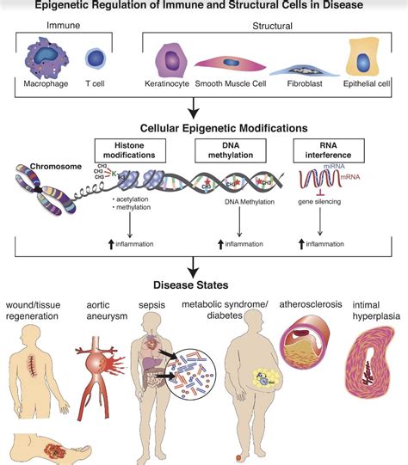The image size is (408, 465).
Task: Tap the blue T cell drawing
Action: coord(95,59)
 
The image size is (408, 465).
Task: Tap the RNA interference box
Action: coord(316,149)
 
